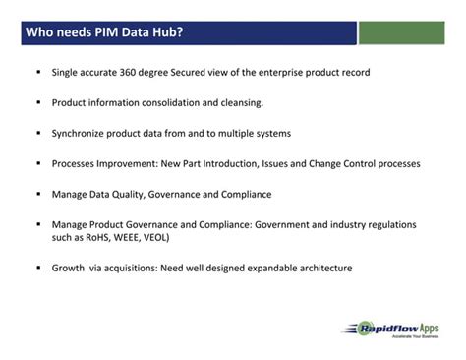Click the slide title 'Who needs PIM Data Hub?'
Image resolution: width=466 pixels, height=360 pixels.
point(103,33)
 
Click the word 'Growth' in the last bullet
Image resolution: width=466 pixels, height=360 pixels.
point(71,268)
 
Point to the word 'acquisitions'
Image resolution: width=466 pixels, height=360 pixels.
point(144,268)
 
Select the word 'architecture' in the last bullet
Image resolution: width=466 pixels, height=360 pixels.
point(318,268)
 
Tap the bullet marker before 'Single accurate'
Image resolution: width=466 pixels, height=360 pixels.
point(38,73)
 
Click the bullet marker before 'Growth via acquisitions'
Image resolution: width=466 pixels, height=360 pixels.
point(38,268)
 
